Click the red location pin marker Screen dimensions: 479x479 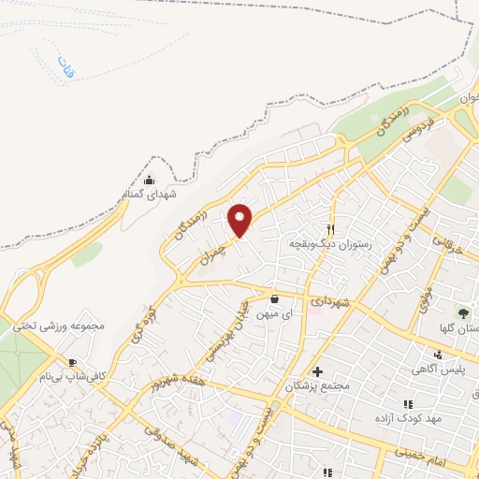(x=240, y=220)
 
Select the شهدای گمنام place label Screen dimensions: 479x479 (x=150, y=194)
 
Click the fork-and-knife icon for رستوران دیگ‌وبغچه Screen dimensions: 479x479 (x=330, y=229)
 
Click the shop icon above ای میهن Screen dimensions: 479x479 (x=274, y=299)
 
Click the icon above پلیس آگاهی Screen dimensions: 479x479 (x=440, y=355)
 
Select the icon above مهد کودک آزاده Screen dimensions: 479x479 (x=407, y=404)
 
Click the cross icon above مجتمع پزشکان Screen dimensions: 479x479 (x=318, y=371)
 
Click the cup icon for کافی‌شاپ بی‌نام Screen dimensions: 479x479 (x=71, y=362)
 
